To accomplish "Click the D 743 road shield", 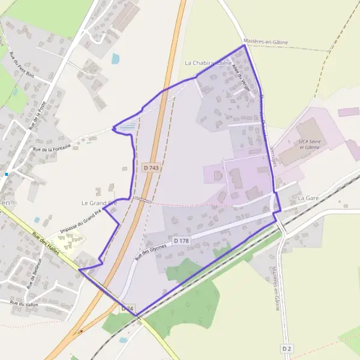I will coord(152,169).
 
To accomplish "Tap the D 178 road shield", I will coord(181,241).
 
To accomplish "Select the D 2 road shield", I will coord(287,348).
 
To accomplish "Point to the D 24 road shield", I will coord(128,308).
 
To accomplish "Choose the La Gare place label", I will coord(308,197).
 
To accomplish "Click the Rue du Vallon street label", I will coord(25,304).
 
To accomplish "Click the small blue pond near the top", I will coord(115,59).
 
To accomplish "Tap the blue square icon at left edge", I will coord(7,174).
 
